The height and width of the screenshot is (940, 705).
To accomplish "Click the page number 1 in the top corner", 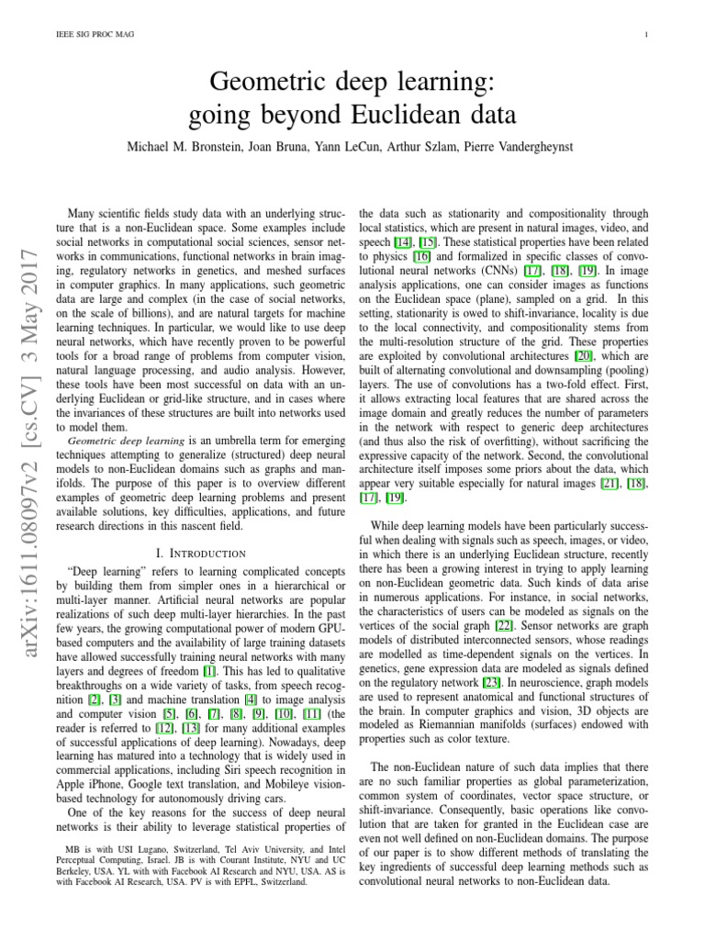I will [647, 36].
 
